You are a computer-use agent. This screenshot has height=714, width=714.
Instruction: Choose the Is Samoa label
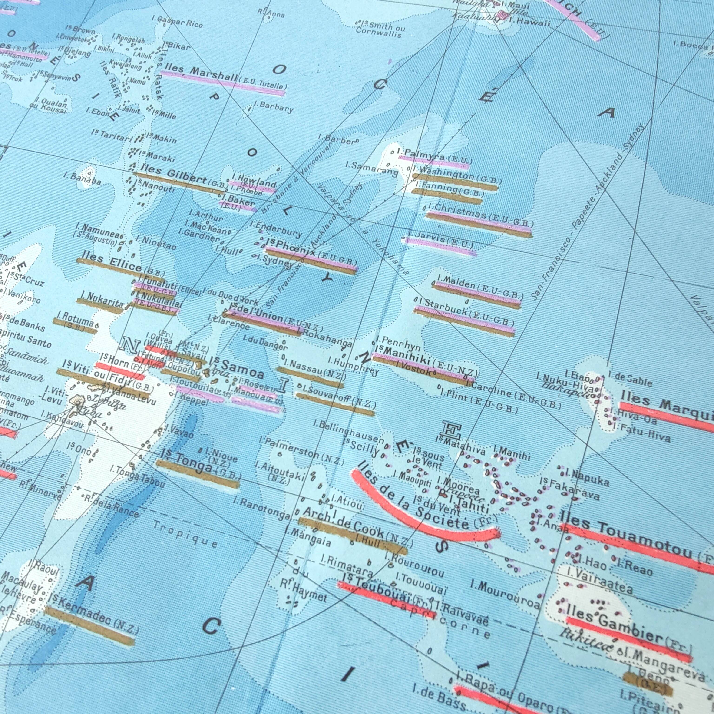(x=237, y=367)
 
